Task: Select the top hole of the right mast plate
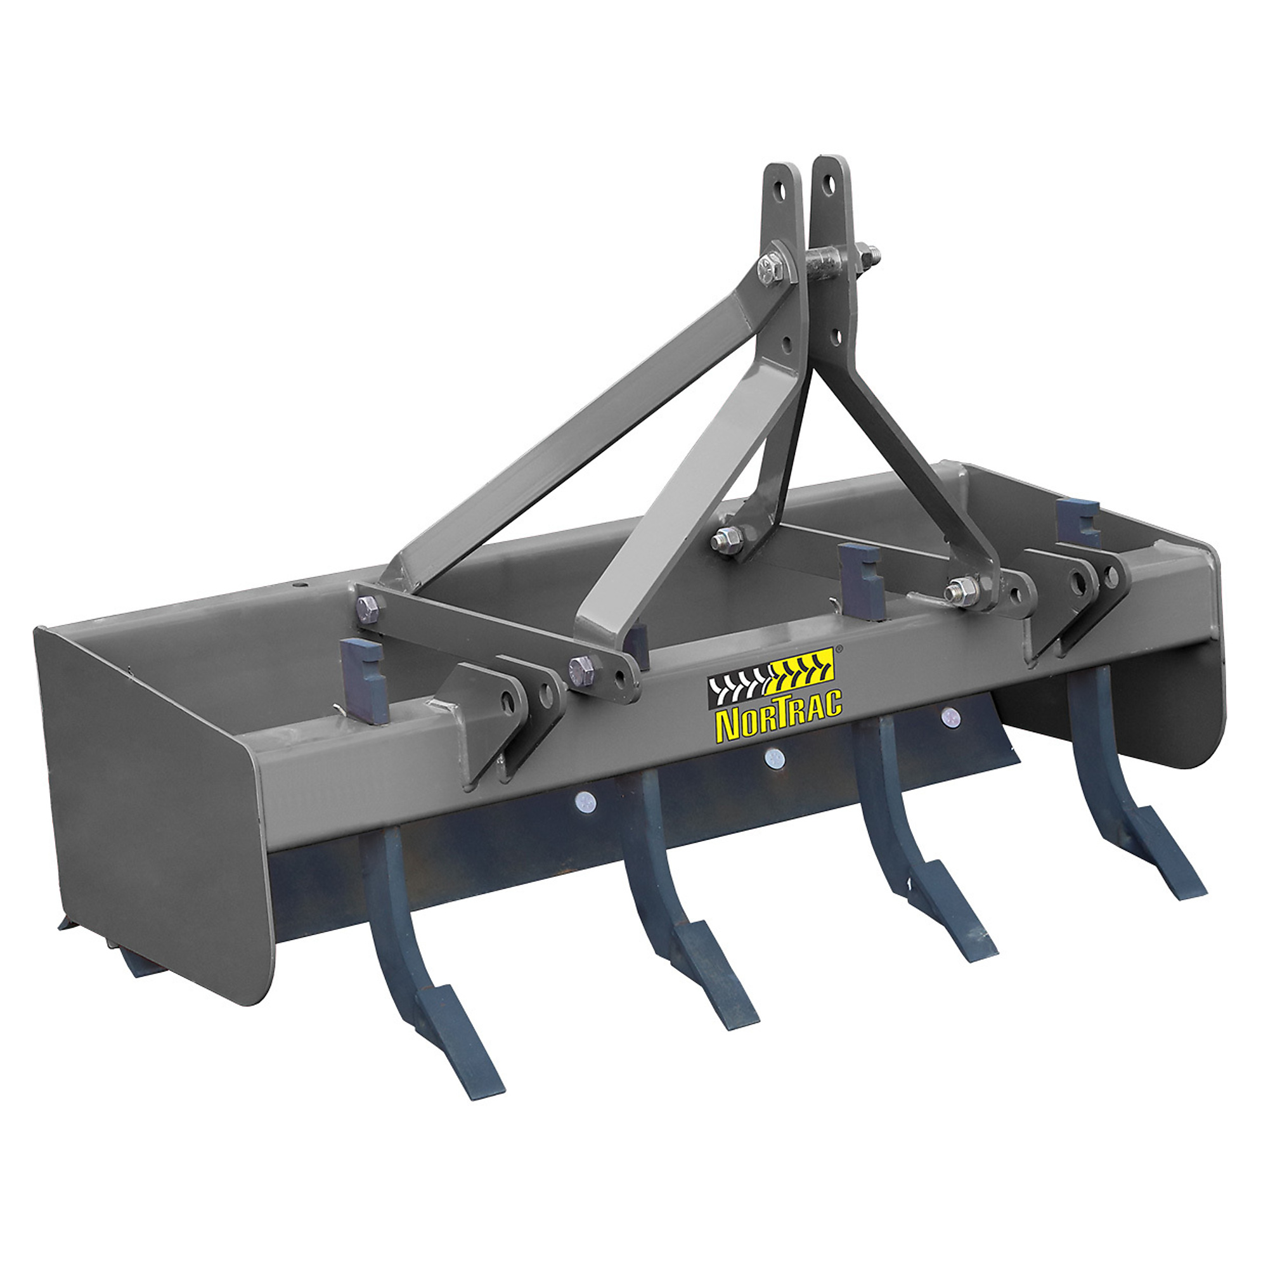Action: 831,185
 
